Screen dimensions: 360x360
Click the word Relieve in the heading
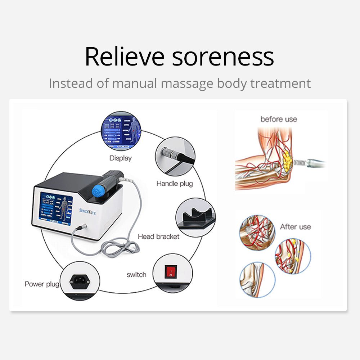pos(124,57)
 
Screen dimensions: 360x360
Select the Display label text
pos(121,158)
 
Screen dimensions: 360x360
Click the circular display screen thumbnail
pos(121,131)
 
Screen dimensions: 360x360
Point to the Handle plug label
pos(175,184)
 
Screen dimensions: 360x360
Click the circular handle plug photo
pos(175,156)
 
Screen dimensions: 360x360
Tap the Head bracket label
pos(158,237)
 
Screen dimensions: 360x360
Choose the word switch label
pos(136,275)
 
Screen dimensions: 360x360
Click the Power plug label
pos(42,284)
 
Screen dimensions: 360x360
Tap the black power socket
pos(80,280)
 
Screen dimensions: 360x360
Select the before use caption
pos(279,119)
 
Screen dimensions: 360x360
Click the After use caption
pos(295,227)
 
